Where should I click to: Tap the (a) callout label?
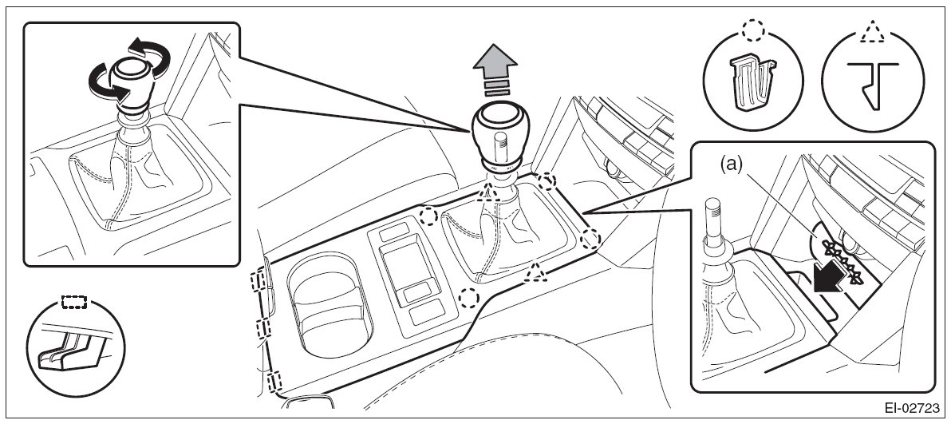click(732, 164)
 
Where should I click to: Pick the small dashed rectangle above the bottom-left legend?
click(74, 303)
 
